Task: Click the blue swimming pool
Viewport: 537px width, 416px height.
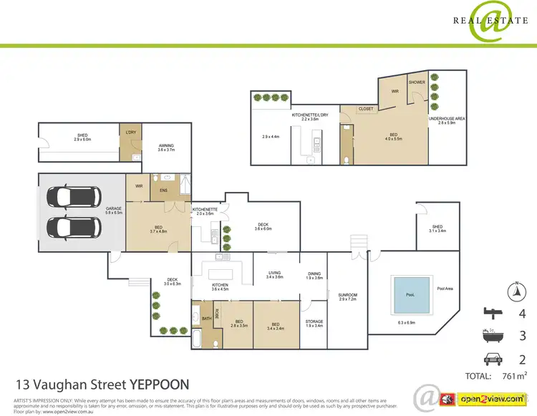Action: pyautogui.click(x=410, y=294)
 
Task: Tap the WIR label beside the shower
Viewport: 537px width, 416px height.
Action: pyautogui.click(x=393, y=92)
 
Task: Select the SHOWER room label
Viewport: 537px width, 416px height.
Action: pyautogui.click(x=417, y=82)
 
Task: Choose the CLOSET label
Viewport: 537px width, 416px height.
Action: pyautogui.click(x=366, y=110)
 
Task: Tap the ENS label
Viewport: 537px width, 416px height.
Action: pyautogui.click(x=163, y=190)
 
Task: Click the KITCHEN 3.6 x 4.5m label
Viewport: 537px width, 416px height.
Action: pyautogui.click(x=220, y=287)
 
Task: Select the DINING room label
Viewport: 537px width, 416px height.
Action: pyautogui.click(x=314, y=274)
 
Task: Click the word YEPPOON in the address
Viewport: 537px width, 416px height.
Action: pyautogui.click(x=159, y=385)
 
